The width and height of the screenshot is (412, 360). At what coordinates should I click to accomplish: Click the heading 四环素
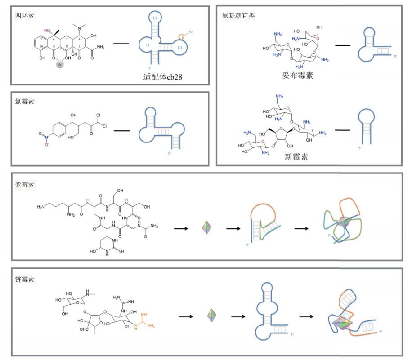pyautogui.click(x=24, y=16)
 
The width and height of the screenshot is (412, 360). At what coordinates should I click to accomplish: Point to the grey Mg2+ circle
pyautogui.click(x=60, y=65)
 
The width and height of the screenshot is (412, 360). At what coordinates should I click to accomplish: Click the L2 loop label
pyautogui.click(x=155, y=18)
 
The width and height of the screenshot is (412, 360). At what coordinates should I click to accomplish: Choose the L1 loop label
pyautogui.click(x=147, y=45)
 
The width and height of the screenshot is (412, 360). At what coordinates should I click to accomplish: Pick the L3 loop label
pyautogui.click(x=179, y=47)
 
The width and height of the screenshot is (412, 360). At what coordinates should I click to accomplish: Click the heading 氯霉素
pyautogui.click(x=24, y=101)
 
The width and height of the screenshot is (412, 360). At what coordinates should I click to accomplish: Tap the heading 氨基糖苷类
pyautogui.click(x=238, y=16)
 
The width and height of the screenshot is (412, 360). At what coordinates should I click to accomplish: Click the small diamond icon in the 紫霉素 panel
pyautogui.click(x=207, y=228)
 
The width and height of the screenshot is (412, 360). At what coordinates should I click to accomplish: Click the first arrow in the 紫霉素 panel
pyautogui.click(x=181, y=228)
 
